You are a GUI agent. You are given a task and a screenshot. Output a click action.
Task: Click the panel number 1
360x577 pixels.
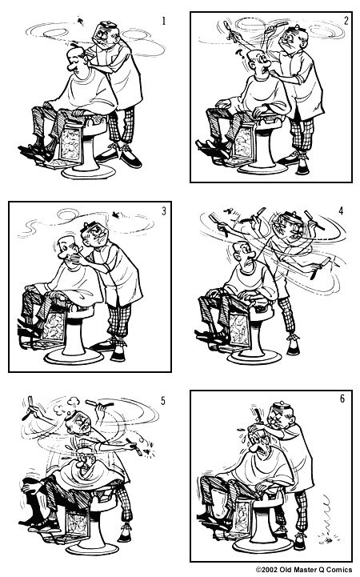163,19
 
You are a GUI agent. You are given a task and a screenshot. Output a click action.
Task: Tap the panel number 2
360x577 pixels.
346,20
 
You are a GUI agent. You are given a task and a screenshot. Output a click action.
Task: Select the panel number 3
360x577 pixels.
163,211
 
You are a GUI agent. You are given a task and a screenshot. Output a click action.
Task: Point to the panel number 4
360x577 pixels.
341,211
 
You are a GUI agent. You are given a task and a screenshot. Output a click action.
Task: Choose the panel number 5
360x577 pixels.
163,400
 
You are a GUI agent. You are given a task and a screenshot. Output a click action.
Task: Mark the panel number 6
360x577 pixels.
342,399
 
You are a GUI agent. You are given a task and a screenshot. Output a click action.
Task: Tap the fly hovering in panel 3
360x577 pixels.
119,214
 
